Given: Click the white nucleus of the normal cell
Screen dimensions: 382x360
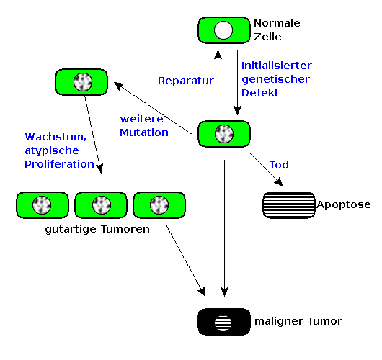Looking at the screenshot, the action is tap(223, 30).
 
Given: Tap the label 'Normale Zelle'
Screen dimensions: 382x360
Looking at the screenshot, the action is tap(277, 30).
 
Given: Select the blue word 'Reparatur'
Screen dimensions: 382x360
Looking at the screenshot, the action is tap(186, 81).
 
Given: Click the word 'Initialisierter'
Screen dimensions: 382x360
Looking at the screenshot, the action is tap(277, 66).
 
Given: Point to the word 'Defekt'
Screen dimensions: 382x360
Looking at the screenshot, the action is tap(259, 93).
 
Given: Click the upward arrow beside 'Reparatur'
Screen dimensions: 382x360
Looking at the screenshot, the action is tap(218, 82).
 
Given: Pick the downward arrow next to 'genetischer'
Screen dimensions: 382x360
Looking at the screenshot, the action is tap(237, 82).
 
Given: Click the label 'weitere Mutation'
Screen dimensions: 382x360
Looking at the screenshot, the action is tap(144, 126).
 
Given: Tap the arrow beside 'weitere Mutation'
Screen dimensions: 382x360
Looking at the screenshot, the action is tap(154, 108).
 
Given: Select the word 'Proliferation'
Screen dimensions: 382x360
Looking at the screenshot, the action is tap(59, 164).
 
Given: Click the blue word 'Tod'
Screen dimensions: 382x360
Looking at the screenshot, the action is tap(279, 165).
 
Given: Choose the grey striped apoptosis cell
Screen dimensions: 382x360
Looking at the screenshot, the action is tap(289, 205).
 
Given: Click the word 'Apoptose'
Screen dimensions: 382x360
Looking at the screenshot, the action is tap(344, 205).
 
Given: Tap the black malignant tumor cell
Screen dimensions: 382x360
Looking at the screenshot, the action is tap(224, 322).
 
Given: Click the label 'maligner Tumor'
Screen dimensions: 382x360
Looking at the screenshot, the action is tap(298, 322).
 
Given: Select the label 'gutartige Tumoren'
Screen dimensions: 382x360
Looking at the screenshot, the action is tap(97, 229).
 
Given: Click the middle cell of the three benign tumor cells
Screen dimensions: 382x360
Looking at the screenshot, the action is tap(101, 205).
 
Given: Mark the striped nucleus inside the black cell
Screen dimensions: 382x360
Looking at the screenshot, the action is tap(223, 323).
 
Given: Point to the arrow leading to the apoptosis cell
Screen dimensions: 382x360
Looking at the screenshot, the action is tap(267, 170).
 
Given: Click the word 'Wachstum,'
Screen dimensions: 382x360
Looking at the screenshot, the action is tap(55, 137).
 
